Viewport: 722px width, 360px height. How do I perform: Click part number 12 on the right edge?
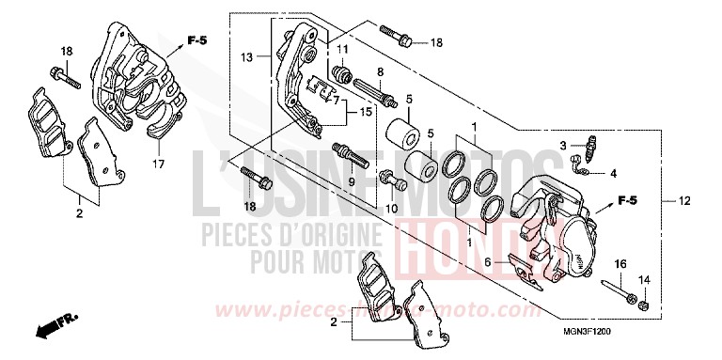point(686,201)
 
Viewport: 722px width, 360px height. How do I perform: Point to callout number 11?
point(342,49)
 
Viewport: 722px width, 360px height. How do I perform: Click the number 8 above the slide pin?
point(380,71)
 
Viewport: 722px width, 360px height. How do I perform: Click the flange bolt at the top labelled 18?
point(398,38)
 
